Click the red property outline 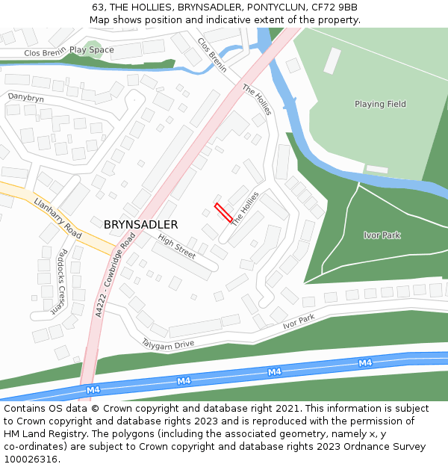(224, 212)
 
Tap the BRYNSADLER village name (140, 224)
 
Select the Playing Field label (380, 104)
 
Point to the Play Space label (92, 50)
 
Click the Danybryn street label (25, 98)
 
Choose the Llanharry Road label (57, 216)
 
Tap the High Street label (177, 247)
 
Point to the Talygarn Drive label (168, 343)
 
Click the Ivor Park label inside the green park (382, 235)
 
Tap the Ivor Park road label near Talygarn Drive (299, 322)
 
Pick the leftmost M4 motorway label (93, 389)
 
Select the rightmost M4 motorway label (364, 362)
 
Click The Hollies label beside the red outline (245, 209)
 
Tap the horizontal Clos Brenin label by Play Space (45, 53)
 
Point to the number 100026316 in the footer (30, 459)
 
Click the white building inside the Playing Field (332, 61)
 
